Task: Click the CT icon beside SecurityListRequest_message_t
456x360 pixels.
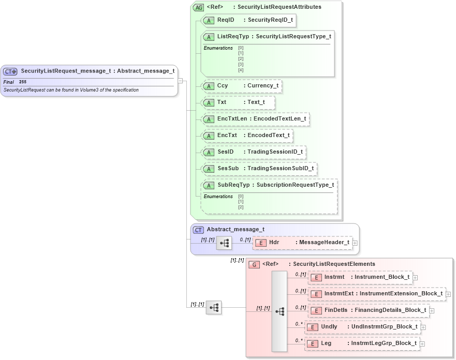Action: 10,71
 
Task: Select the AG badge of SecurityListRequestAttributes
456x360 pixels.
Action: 198,8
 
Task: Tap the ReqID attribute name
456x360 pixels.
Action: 226,20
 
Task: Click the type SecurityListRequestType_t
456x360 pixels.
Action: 293,37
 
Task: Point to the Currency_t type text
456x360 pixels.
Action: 263,86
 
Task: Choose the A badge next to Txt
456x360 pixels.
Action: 209,102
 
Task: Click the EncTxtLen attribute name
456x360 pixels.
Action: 232,119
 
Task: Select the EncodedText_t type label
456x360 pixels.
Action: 268,136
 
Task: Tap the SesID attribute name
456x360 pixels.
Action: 226,152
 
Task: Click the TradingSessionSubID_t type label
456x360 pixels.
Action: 281,169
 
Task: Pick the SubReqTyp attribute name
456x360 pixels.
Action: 233,185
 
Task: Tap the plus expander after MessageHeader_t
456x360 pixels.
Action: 355,243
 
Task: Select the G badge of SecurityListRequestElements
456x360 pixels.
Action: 254,264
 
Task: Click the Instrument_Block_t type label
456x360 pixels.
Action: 382,277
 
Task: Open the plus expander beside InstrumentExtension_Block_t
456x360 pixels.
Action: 449,294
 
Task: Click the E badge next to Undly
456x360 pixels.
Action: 312,327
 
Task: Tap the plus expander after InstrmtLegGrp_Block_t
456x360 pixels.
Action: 422,343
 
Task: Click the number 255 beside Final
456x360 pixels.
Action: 23,82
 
